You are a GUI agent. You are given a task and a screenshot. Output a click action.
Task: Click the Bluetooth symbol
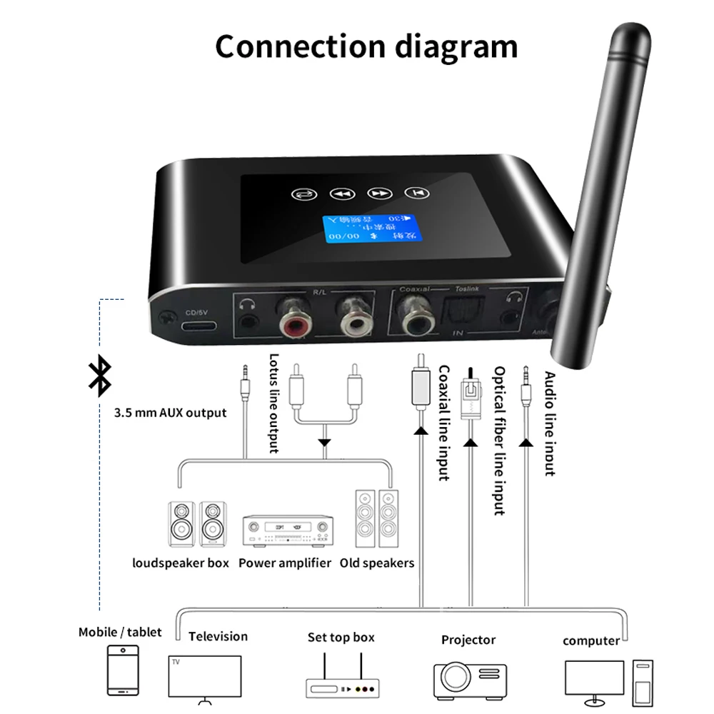click(99, 376)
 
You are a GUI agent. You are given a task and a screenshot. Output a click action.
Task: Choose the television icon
click(203, 675)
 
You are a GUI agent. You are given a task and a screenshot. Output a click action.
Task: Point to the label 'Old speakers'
click(377, 563)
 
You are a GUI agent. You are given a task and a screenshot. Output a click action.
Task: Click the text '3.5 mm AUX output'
click(170, 413)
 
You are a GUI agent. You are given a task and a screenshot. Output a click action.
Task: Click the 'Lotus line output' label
click(273, 404)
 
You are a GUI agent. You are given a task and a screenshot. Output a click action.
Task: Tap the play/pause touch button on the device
click(414, 193)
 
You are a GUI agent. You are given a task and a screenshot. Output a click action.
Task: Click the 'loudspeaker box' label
click(181, 563)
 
